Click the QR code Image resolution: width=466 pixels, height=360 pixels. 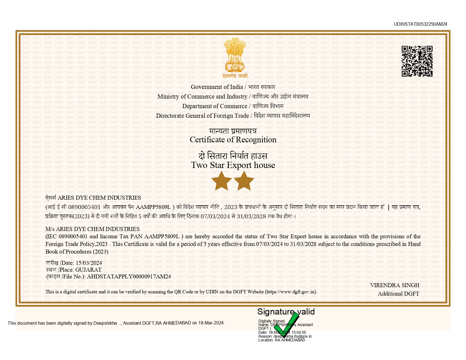click(417, 61)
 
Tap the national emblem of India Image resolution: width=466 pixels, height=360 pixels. click(235, 55)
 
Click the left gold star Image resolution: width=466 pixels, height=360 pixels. click(221, 180)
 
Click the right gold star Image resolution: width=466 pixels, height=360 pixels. click(244, 180)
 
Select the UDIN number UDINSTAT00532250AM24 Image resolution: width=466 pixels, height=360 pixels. click(420, 24)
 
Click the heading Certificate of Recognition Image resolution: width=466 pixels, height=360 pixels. click(233, 140)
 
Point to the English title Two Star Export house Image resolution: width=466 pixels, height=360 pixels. click(233, 165)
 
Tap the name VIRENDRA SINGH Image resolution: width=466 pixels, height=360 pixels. click(395, 285)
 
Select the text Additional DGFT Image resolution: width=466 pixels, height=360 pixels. click(398, 294)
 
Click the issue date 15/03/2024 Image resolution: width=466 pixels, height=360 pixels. click(89, 263)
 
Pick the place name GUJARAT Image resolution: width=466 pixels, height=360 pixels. click(88, 270)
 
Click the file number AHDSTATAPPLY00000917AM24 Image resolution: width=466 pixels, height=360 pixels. click(129, 277)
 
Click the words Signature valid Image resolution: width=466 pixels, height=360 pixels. click(286, 312)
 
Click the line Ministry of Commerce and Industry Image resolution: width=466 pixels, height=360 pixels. click(202, 97)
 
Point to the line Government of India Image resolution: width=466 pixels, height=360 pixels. click(217, 87)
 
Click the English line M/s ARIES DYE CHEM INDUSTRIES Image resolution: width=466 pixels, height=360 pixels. click(92, 229)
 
